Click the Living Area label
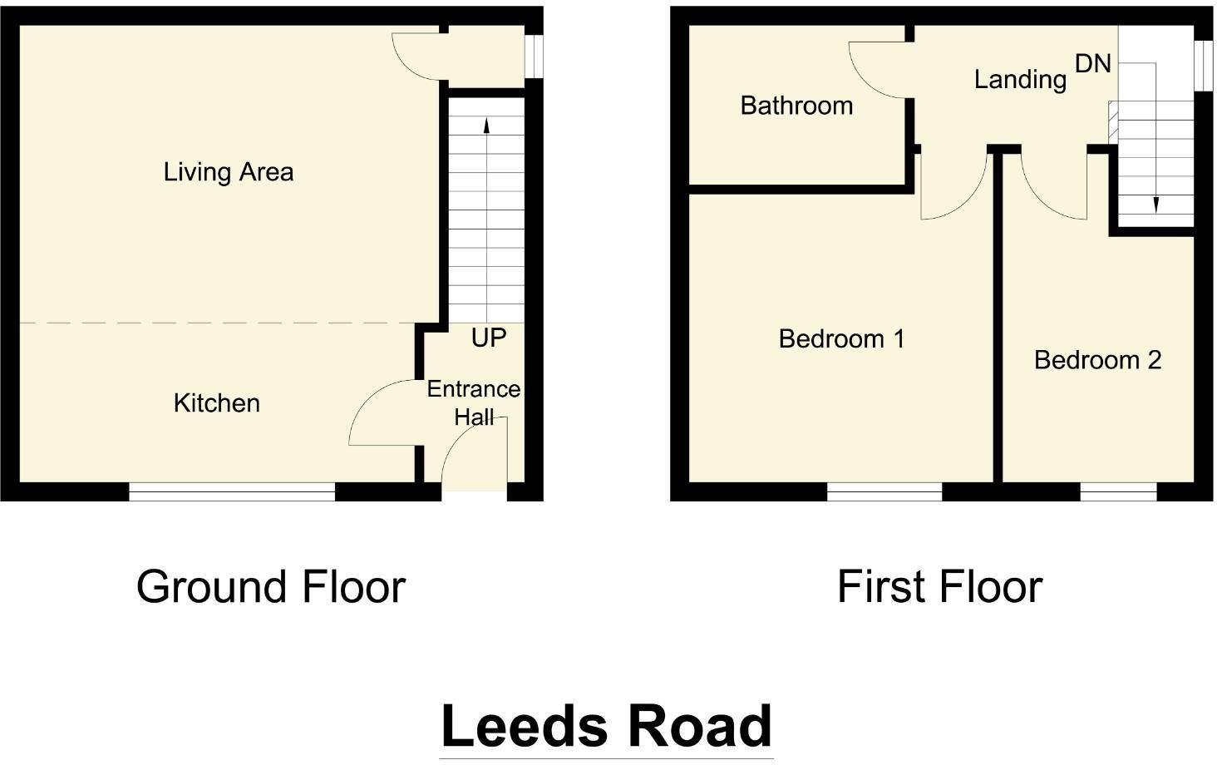(x=228, y=172)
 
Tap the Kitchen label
(x=216, y=403)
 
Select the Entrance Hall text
(x=473, y=402)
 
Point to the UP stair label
(x=488, y=338)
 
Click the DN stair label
(x=1092, y=63)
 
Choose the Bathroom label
(x=796, y=106)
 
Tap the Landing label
(x=1020, y=80)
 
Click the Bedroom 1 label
(x=841, y=339)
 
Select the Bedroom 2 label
(x=1097, y=360)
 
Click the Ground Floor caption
(x=270, y=587)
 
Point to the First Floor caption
(x=939, y=587)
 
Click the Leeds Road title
(x=606, y=726)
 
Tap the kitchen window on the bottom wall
(x=232, y=492)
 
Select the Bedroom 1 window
(x=884, y=492)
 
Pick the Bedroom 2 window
(x=1118, y=492)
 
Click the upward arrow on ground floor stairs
(x=486, y=125)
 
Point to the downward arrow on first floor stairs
(x=1155, y=204)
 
